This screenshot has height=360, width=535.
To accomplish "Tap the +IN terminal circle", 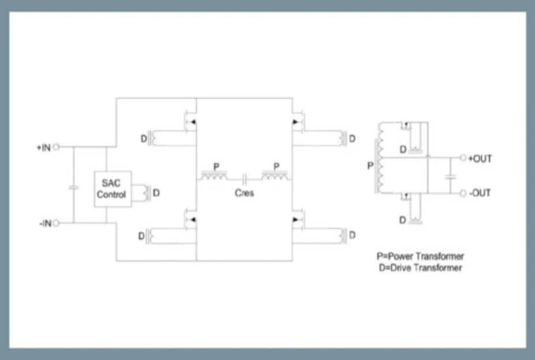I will tap(57, 147).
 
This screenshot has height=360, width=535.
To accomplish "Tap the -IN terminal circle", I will tap(57, 222).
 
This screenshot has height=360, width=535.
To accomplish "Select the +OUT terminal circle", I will tap(463, 158).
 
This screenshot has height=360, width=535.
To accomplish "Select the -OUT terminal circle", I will tap(463, 193).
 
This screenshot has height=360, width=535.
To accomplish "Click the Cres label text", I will tap(244, 193).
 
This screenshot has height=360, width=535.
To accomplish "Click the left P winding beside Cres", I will tap(214, 175).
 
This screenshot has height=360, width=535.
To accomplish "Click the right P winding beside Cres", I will tap(276, 175).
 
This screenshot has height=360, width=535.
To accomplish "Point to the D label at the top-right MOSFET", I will tap(352, 139).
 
